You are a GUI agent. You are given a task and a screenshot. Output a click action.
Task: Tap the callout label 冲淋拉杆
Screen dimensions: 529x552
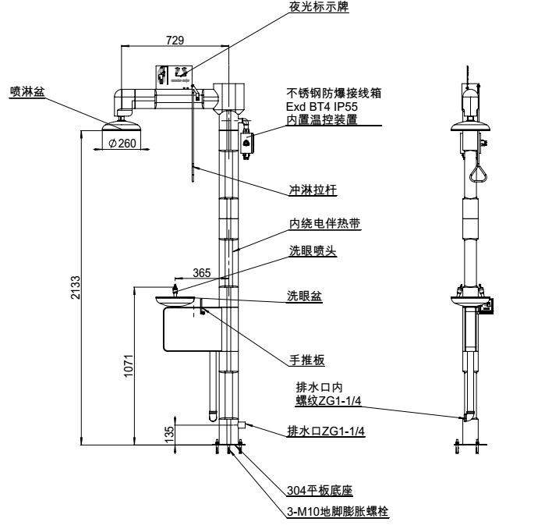(307, 190)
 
